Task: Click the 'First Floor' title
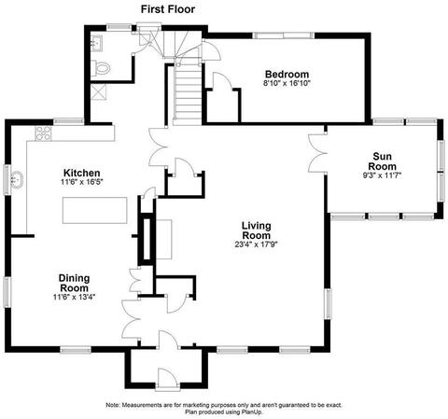tap(168, 9)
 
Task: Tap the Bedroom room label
tap(287, 75)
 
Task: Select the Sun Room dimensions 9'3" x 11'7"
tap(382, 175)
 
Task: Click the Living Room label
tap(257, 230)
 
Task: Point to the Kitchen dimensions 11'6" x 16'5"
tap(82, 182)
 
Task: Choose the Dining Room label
tap(74, 283)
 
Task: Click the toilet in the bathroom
tap(101, 68)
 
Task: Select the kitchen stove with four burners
tap(43, 133)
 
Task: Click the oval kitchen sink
tap(17, 179)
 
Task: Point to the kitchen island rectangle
tap(95, 210)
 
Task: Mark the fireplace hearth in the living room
tap(163, 239)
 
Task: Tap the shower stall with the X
tap(98, 91)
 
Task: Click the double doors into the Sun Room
tap(317, 153)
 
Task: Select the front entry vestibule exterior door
tap(168, 379)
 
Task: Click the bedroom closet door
tap(222, 81)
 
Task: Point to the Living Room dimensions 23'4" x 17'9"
tap(256, 244)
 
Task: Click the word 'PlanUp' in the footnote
tap(252, 412)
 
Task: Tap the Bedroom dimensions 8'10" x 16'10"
tap(287, 83)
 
